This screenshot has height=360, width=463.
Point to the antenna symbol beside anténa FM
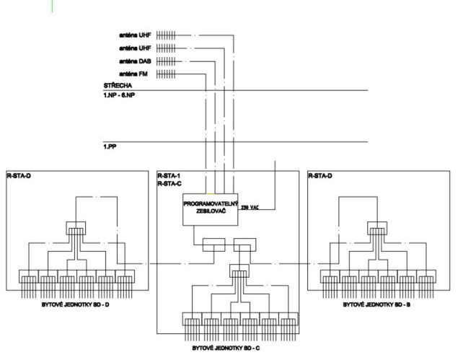click(166, 74)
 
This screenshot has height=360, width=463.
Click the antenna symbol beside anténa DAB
click(166, 61)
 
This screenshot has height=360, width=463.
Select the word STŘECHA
click(116, 85)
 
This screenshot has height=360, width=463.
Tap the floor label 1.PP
click(109, 146)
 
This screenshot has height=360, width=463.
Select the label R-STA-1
click(170, 175)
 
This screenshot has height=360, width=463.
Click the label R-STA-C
click(170, 183)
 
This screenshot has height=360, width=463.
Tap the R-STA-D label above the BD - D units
click(18, 175)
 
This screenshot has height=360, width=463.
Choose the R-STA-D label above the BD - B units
click(320, 175)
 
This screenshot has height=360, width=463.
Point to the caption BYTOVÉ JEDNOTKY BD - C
click(226, 348)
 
